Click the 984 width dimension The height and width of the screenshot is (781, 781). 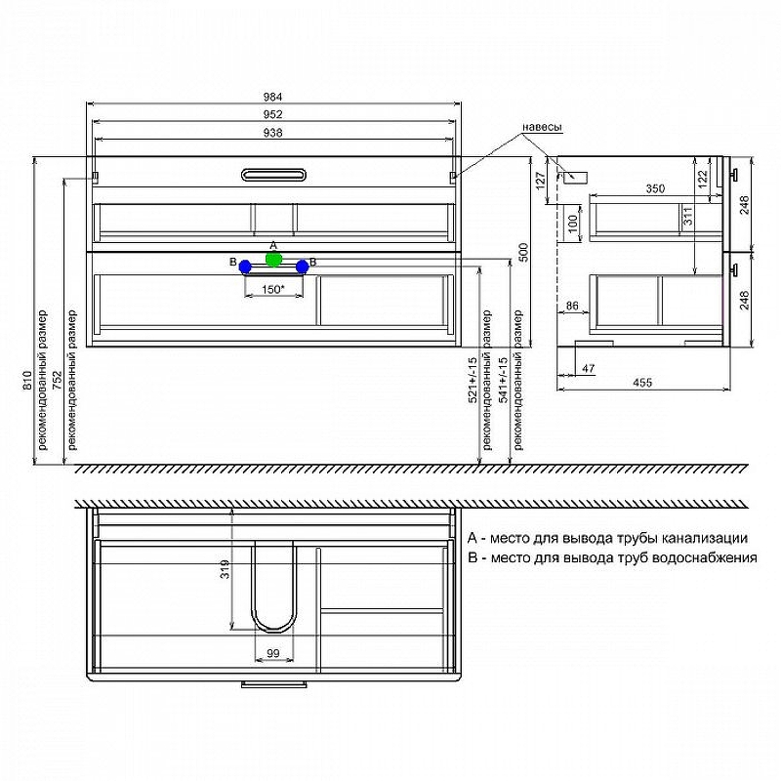273,97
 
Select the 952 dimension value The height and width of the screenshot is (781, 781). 273,114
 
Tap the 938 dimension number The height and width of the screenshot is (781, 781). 273,133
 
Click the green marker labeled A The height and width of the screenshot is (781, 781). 273,259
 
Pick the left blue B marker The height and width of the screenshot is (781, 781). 245,267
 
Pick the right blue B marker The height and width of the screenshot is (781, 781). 303,267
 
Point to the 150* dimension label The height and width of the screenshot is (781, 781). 273,289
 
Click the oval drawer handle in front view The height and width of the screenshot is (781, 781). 273,176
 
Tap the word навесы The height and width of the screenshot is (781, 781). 543,127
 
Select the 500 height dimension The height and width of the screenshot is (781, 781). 523,253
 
